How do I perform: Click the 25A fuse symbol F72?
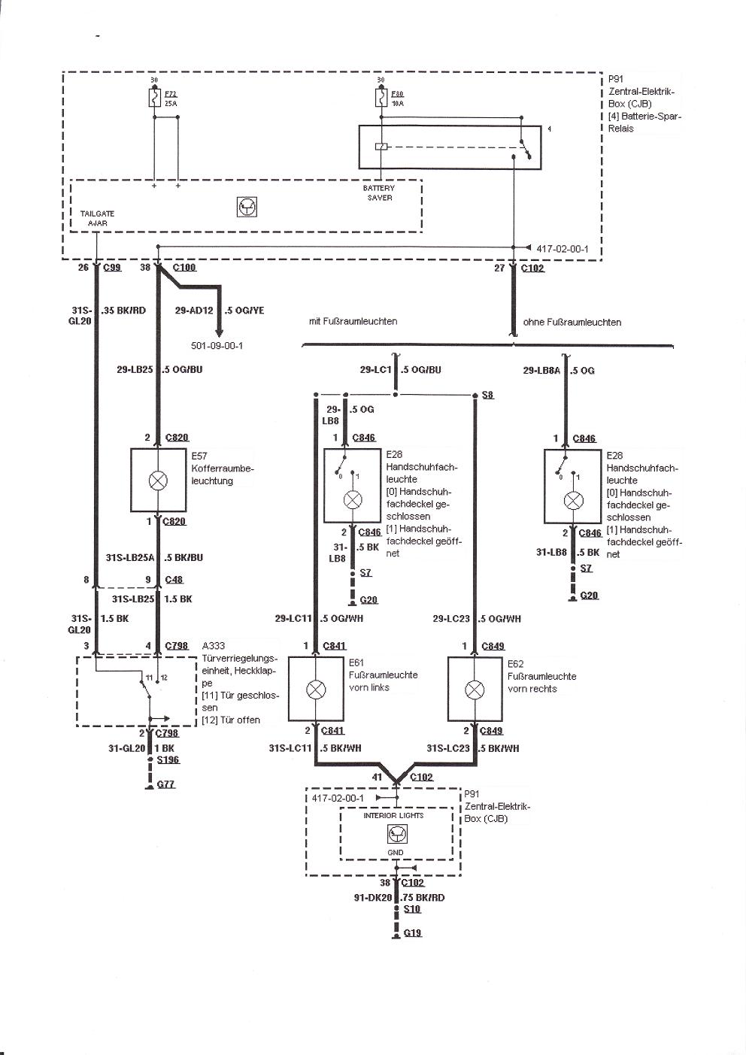click(154, 99)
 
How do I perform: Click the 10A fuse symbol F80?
click(380, 99)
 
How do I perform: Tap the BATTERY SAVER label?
click(379, 193)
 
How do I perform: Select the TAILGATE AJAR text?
click(97, 218)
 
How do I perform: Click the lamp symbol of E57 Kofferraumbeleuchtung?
click(159, 481)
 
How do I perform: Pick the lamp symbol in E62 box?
click(475, 690)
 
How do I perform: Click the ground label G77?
click(165, 784)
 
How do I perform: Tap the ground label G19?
click(412, 932)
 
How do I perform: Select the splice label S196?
click(168, 760)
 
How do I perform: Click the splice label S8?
click(488, 395)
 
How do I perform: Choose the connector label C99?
click(112, 268)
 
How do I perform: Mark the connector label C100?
click(184, 268)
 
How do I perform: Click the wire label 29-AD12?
click(194, 311)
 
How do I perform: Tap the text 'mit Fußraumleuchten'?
click(353, 321)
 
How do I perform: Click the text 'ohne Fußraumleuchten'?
click(572, 322)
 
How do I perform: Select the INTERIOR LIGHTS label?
click(393, 815)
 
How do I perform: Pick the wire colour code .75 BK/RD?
click(423, 897)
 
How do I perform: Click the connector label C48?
click(174, 580)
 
